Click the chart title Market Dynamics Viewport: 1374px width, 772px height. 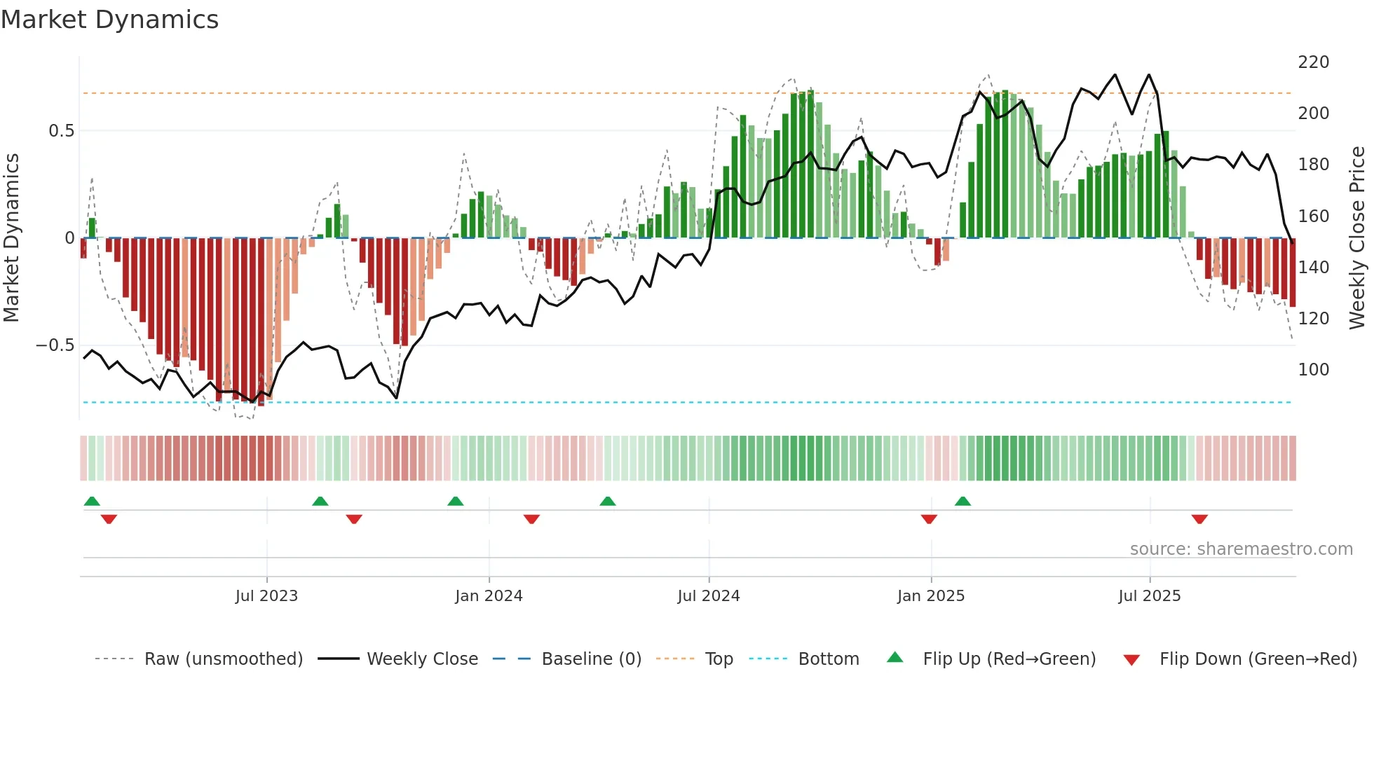pyautogui.click(x=110, y=20)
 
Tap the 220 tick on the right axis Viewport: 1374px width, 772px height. pyautogui.click(x=1313, y=62)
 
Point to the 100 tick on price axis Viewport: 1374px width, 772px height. pyautogui.click(x=1313, y=370)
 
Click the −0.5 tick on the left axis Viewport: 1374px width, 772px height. pyautogui.click(x=55, y=345)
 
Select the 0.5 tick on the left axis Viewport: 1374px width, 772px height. pyautogui.click(x=61, y=131)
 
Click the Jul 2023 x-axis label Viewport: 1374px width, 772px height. pyautogui.click(x=266, y=596)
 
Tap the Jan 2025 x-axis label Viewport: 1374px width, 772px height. pyautogui.click(x=930, y=596)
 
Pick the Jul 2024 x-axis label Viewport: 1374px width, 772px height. pyautogui.click(x=708, y=596)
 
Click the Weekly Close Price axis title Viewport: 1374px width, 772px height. pyautogui.click(x=1357, y=238)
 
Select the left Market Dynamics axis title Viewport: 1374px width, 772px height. pyautogui.click(x=11, y=238)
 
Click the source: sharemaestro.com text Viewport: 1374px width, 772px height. pyautogui.click(x=1241, y=549)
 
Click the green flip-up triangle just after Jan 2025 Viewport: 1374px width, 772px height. pyautogui.click(x=963, y=501)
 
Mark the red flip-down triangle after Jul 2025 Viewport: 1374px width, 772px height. pyautogui.click(x=1199, y=519)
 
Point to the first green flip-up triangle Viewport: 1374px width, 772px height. pyautogui.click(x=92, y=501)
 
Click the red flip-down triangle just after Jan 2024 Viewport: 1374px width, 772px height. pyautogui.click(x=531, y=519)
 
